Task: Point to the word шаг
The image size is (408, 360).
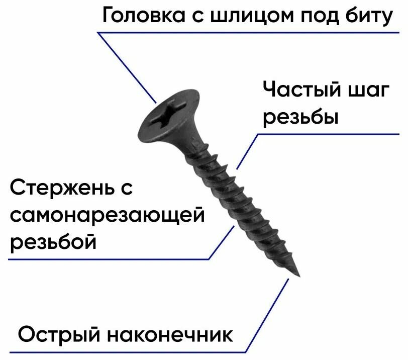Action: coord(369,92)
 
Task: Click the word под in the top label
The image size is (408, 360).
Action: coord(320,17)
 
